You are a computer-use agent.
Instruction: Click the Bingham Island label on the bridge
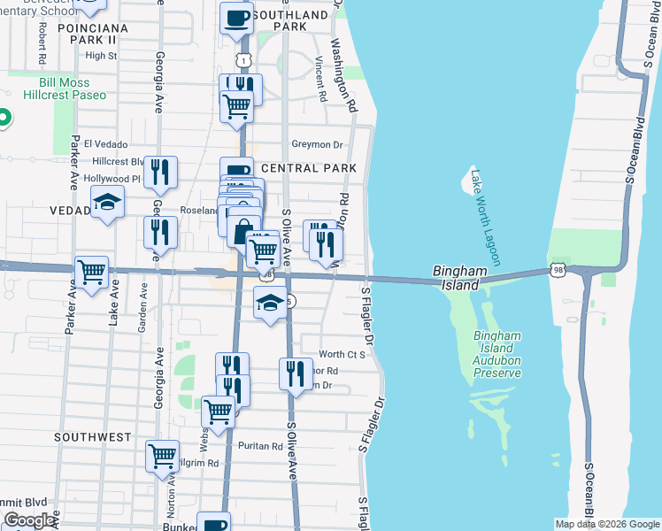tap(456, 277)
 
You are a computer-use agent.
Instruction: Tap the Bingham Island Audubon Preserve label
tap(496, 355)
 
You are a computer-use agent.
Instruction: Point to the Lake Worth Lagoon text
tap(486, 217)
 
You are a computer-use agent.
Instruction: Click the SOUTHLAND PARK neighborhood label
tap(290, 21)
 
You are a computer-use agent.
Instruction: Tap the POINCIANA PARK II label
tap(89, 34)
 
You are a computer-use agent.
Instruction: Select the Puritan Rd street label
tap(259, 446)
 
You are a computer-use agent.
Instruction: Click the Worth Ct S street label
tap(343, 354)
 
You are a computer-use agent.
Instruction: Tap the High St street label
tap(101, 55)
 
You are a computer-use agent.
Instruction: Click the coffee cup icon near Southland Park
tap(235, 17)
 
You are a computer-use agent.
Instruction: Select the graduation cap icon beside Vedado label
tap(107, 203)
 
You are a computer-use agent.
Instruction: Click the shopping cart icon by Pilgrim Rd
tap(163, 457)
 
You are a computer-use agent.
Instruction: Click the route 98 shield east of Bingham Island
tap(556, 268)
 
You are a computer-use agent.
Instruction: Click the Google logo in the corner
tap(30, 520)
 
